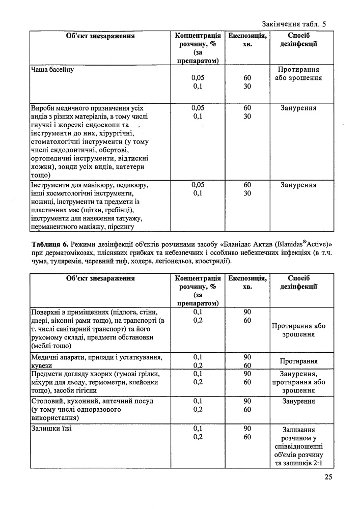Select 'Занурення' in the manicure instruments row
click(298, 185)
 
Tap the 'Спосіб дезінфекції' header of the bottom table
click(299, 282)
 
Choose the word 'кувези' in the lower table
click(43, 365)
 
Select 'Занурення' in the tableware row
click(298, 401)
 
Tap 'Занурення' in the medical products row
click(298, 108)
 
